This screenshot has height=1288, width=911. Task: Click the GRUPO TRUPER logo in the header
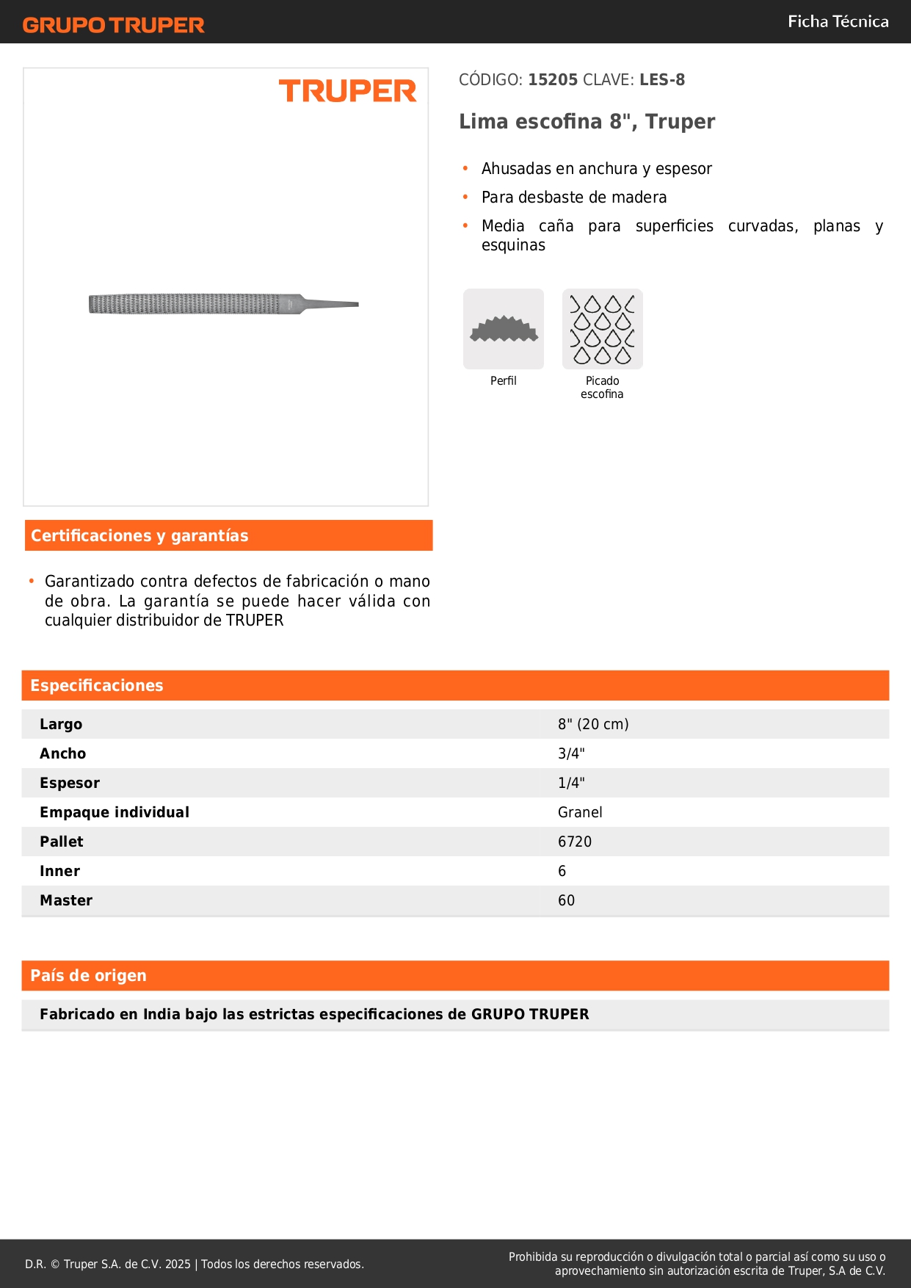point(113,25)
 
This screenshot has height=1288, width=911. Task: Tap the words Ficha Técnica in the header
point(838,21)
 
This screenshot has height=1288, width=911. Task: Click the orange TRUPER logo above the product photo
point(347,91)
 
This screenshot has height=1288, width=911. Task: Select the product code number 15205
point(553,80)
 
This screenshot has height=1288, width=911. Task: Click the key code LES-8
point(661,80)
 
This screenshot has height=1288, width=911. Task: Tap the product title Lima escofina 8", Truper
point(587,121)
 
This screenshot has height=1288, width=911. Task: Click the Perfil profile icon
point(504,329)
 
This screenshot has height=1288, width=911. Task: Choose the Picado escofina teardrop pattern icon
point(602,329)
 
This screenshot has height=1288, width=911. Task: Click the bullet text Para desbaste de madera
point(574,198)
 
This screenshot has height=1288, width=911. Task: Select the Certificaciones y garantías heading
point(139,536)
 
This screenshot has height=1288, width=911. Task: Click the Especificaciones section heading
point(97,686)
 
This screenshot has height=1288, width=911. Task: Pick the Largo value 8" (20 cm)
point(593,724)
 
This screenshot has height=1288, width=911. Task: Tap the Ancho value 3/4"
point(571,753)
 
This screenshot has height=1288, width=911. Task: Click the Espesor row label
point(70,783)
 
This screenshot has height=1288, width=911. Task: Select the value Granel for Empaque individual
point(580,812)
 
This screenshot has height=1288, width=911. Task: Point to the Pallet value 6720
point(575,842)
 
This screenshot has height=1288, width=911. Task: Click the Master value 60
point(566,900)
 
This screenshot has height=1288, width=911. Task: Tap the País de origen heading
point(88,976)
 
